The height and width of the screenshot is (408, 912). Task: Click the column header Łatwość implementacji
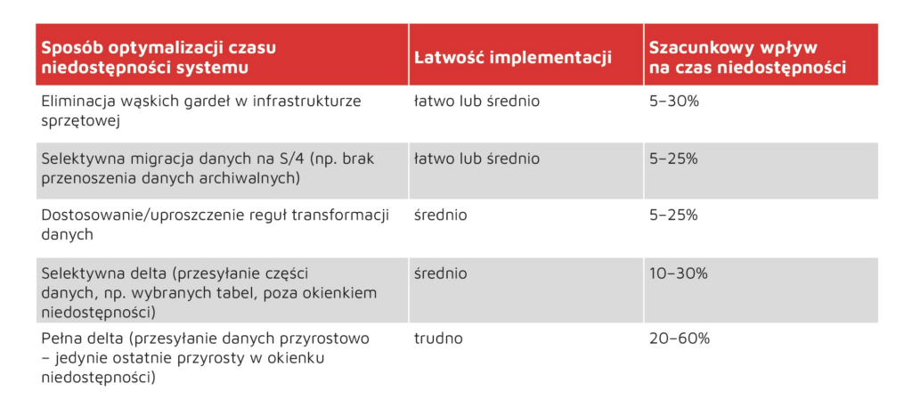(x=513, y=58)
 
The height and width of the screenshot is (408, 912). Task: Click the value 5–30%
(x=673, y=102)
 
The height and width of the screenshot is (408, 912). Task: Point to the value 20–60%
(x=680, y=339)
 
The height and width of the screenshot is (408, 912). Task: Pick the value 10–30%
(x=678, y=273)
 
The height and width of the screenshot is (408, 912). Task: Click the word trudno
(x=438, y=339)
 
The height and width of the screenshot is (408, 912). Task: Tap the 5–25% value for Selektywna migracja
(x=673, y=159)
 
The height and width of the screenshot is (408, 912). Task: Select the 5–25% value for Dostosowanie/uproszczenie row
(x=673, y=216)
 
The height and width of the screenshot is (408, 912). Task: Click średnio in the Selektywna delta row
(x=440, y=273)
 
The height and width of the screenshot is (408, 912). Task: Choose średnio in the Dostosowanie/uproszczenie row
(x=440, y=216)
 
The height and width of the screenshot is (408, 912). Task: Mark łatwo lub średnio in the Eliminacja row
(x=477, y=102)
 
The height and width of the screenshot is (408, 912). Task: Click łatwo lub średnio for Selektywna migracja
(x=477, y=159)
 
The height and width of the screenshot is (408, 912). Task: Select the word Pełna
(x=60, y=339)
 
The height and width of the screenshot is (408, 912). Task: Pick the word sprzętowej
(x=80, y=121)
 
